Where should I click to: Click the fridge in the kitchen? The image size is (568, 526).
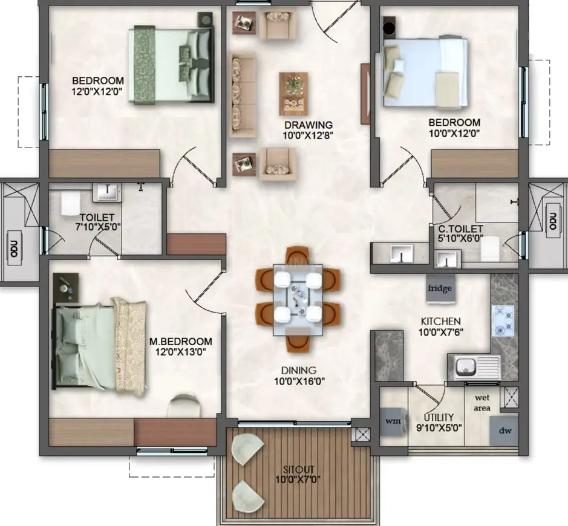[x=440, y=289]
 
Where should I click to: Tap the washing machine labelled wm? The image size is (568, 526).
[x=394, y=421]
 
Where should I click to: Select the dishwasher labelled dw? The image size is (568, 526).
[x=504, y=431]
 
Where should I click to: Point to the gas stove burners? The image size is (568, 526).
[x=503, y=320]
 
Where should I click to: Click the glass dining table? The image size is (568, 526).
[x=298, y=300]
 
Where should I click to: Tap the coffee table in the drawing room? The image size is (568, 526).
[x=293, y=94]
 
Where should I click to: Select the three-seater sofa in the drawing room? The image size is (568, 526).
[x=243, y=94]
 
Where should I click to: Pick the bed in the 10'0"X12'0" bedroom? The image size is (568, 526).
[x=425, y=72]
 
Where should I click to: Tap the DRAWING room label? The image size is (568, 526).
[x=308, y=125]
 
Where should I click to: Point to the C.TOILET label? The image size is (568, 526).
[x=460, y=229]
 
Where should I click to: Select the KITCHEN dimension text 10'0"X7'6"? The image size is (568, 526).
[x=441, y=332]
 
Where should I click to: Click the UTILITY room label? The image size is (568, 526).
[x=439, y=417]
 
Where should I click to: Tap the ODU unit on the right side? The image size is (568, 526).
[x=552, y=221]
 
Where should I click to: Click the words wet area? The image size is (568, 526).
[x=482, y=403]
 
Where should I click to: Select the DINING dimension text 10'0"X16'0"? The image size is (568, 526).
[x=299, y=381]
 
